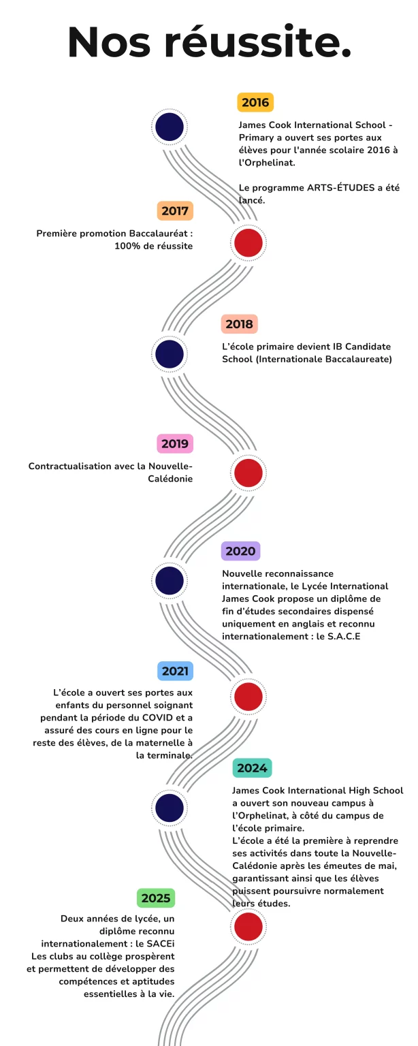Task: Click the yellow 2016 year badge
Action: (x=255, y=102)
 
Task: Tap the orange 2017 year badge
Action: (x=175, y=210)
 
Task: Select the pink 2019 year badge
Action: (x=175, y=443)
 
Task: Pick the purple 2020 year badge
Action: (x=240, y=551)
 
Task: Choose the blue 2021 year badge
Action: (x=175, y=671)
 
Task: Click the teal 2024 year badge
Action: (x=252, y=767)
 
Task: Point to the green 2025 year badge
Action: (x=155, y=898)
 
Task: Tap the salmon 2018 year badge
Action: (x=239, y=323)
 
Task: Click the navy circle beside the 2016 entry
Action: (x=169, y=127)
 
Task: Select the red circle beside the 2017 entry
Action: (x=248, y=243)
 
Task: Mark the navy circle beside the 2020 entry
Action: (x=169, y=580)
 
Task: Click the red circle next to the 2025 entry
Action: (x=248, y=926)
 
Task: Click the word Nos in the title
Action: (x=109, y=42)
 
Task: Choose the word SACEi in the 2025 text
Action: (x=161, y=943)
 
